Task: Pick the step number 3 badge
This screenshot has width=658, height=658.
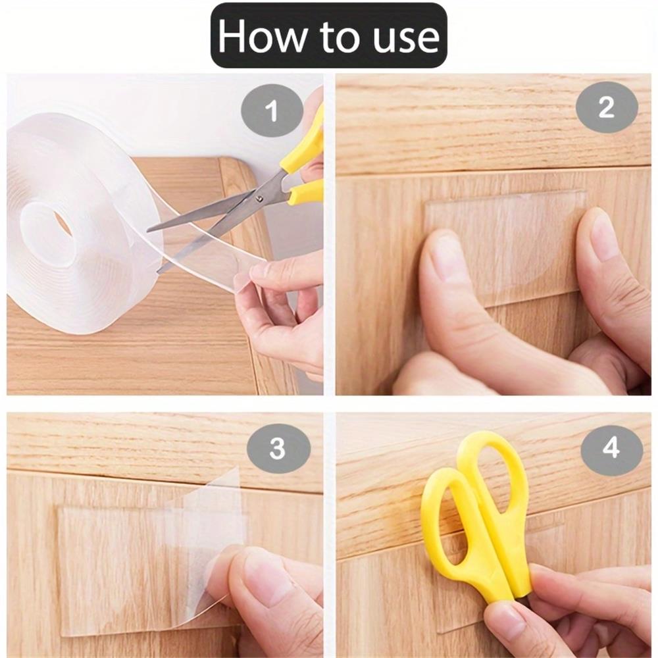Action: [x=278, y=449]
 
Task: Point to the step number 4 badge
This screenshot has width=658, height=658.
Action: [x=611, y=449]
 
